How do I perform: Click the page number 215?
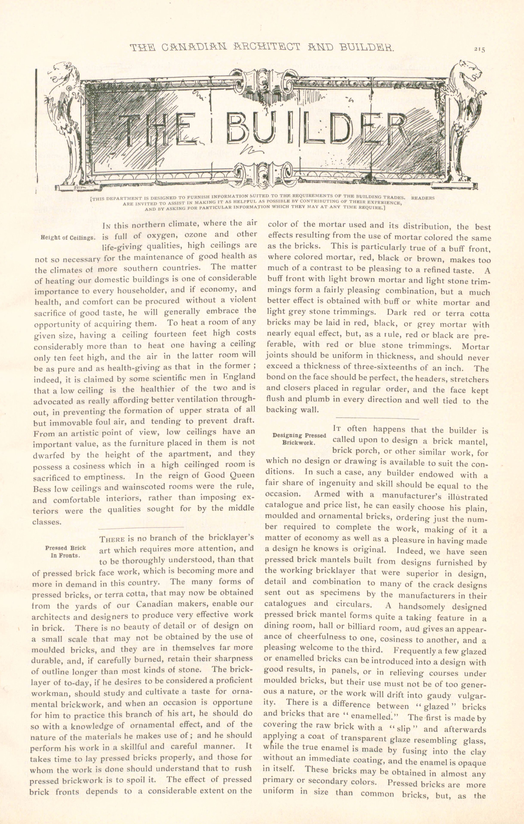coord(480,49)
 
